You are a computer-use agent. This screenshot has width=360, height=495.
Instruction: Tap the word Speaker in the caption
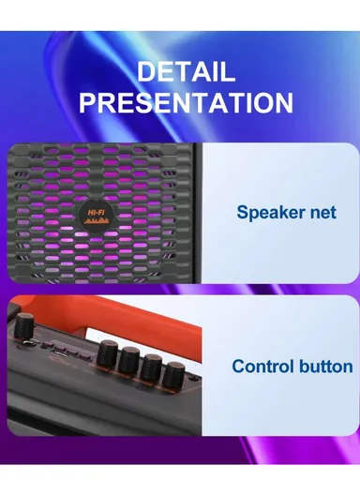(270, 213)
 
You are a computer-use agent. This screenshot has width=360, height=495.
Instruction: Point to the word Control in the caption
(263, 367)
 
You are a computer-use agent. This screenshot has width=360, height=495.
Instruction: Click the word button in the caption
(324, 367)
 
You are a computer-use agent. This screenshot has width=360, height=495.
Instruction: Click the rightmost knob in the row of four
(173, 375)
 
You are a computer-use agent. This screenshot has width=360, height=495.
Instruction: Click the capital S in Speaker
(242, 212)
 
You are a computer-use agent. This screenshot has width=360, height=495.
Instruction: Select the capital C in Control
(238, 367)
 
